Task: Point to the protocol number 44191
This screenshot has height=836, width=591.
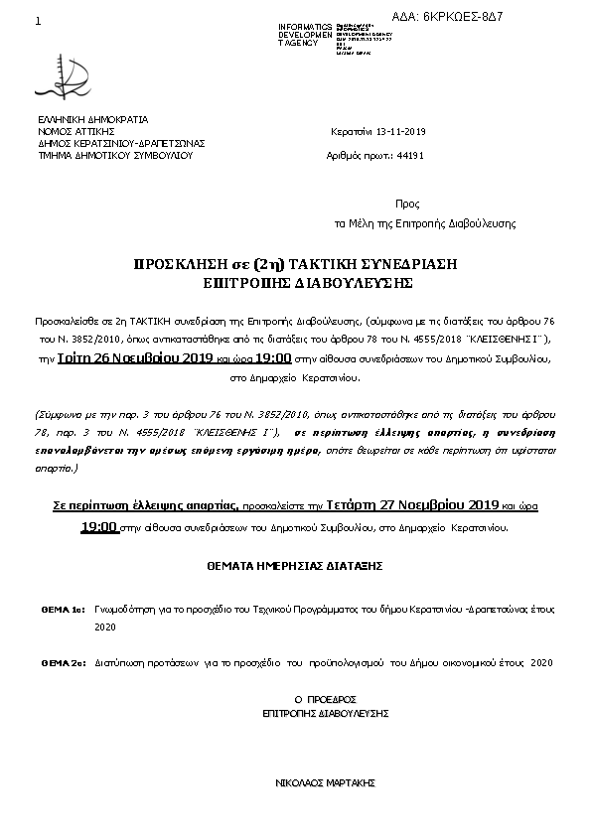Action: (x=409, y=156)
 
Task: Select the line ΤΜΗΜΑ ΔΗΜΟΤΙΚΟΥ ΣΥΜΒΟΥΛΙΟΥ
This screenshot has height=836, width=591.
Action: (x=114, y=155)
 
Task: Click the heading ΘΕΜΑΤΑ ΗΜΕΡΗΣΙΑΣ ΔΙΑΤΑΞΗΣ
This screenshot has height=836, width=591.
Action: (x=295, y=565)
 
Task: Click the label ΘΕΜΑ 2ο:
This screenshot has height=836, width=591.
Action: (x=62, y=661)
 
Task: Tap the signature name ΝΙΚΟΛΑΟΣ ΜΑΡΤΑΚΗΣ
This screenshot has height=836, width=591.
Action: (x=325, y=783)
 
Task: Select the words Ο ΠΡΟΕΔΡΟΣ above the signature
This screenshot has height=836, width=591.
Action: (x=326, y=699)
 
